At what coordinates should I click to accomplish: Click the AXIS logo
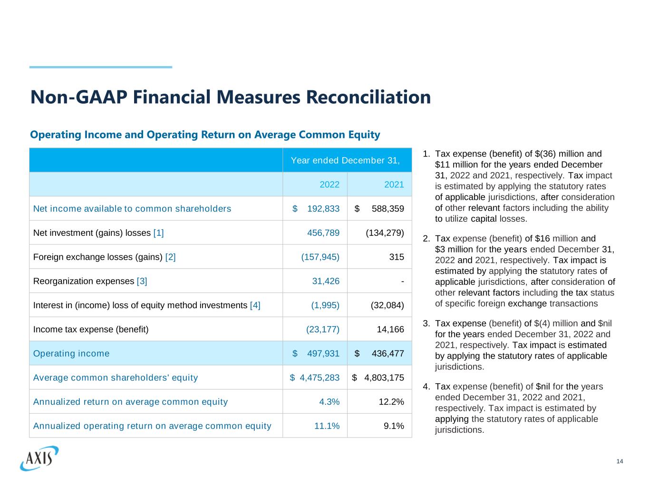(39, 458)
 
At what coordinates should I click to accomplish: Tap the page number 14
(620, 462)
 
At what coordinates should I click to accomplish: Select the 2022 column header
(329, 185)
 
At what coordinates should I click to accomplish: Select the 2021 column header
(394, 185)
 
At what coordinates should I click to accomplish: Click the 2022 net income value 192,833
(323, 209)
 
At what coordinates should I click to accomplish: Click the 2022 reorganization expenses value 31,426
(326, 281)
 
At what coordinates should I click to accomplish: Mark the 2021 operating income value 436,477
(387, 353)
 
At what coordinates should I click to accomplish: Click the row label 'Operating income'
(71, 353)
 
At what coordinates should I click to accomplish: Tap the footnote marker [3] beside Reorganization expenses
(142, 281)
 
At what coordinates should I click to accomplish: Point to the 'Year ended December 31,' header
(345, 160)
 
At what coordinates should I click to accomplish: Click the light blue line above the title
(101, 67)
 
